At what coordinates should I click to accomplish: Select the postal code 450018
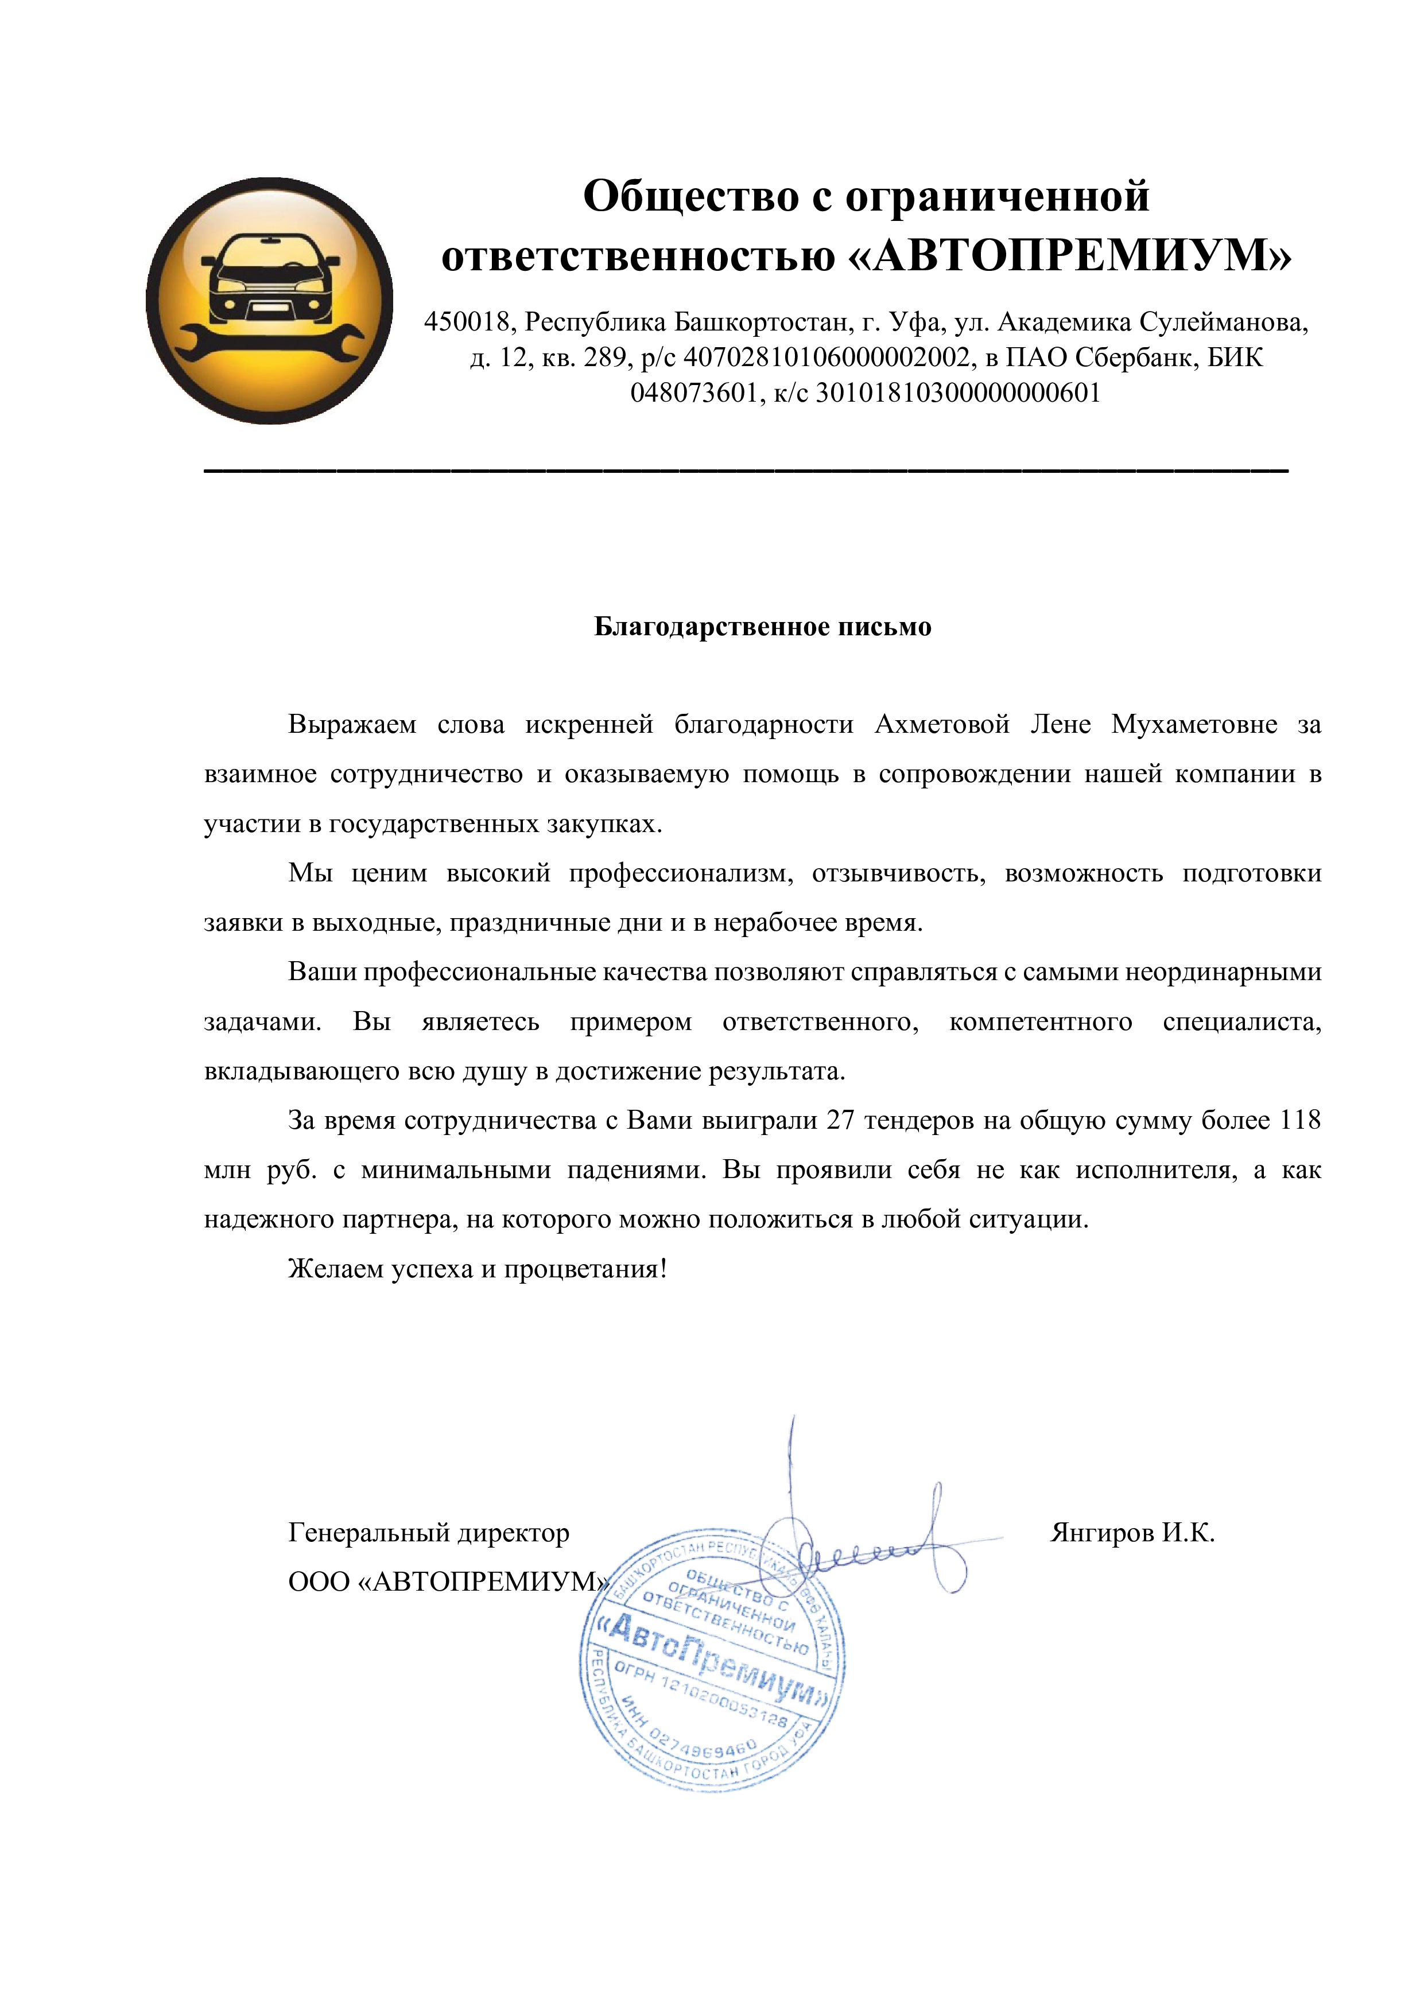pyautogui.click(x=467, y=322)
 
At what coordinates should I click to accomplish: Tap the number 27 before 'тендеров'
pyautogui.click(x=840, y=1121)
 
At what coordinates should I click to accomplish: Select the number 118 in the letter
pyautogui.click(x=1301, y=1121)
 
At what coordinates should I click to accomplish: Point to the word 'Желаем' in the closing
pyautogui.click(x=335, y=1269)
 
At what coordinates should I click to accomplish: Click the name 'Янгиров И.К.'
pyautogui.click(x=1132, y=1533)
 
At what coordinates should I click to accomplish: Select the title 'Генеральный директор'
pyautogui.click(x=429, y=1533)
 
